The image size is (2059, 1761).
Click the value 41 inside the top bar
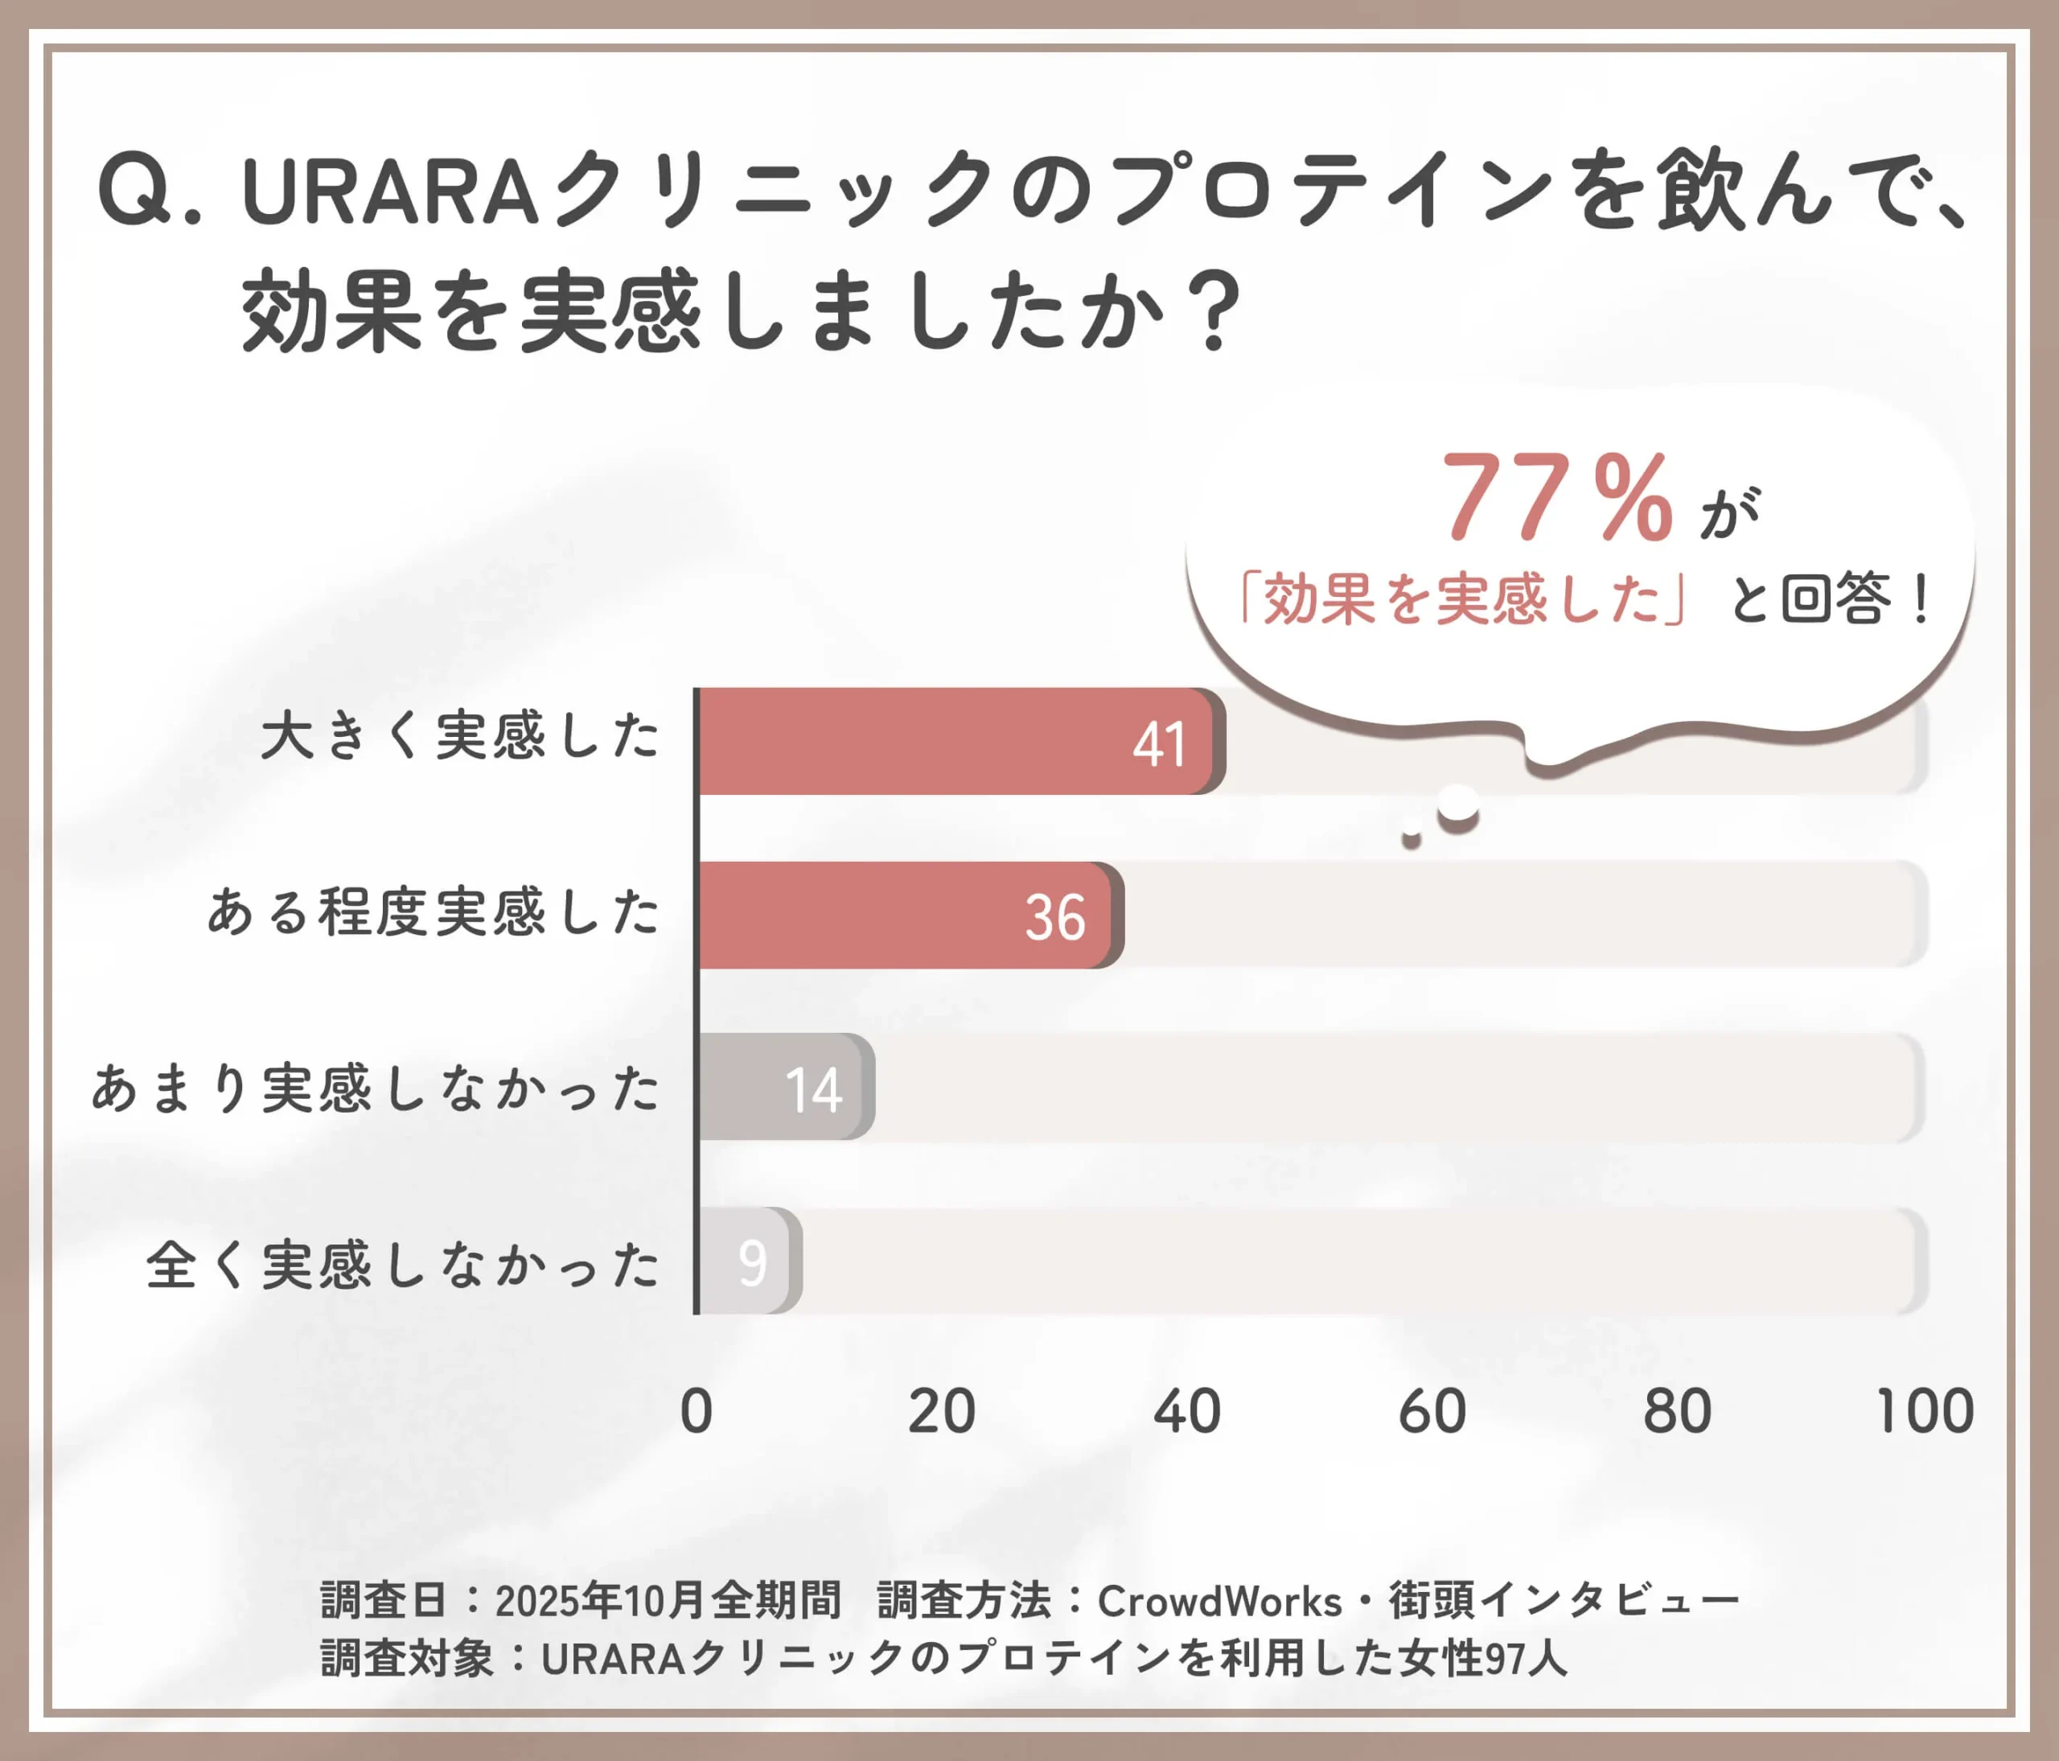(1160, 744)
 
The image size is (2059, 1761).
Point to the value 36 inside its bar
(1055, 917)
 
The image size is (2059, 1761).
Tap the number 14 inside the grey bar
(814, 1089)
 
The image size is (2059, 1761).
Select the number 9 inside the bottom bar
(752, 1263)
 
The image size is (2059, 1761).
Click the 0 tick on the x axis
(697, 1411)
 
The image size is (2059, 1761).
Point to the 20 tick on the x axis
(941, 1411)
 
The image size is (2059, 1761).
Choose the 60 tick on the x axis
(1432, 1411)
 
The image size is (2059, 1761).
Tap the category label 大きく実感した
(460, 736)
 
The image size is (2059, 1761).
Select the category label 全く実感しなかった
(402, 1265)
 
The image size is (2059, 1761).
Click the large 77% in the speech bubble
(1557, 497)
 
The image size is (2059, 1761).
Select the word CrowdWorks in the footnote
(1219, 1601)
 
